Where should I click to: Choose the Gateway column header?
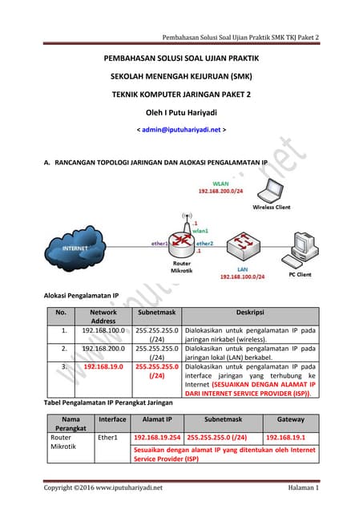[x=290, y=418]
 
